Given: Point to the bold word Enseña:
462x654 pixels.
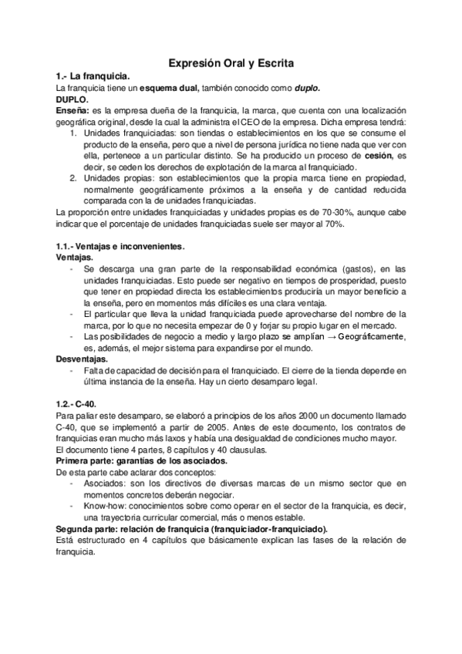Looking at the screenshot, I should point(72,112).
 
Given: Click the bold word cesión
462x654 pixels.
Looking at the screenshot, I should point(378,155).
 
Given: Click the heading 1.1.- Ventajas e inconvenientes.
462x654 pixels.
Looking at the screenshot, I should point(121,246).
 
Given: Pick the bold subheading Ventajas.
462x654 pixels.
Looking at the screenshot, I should point(76,257).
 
